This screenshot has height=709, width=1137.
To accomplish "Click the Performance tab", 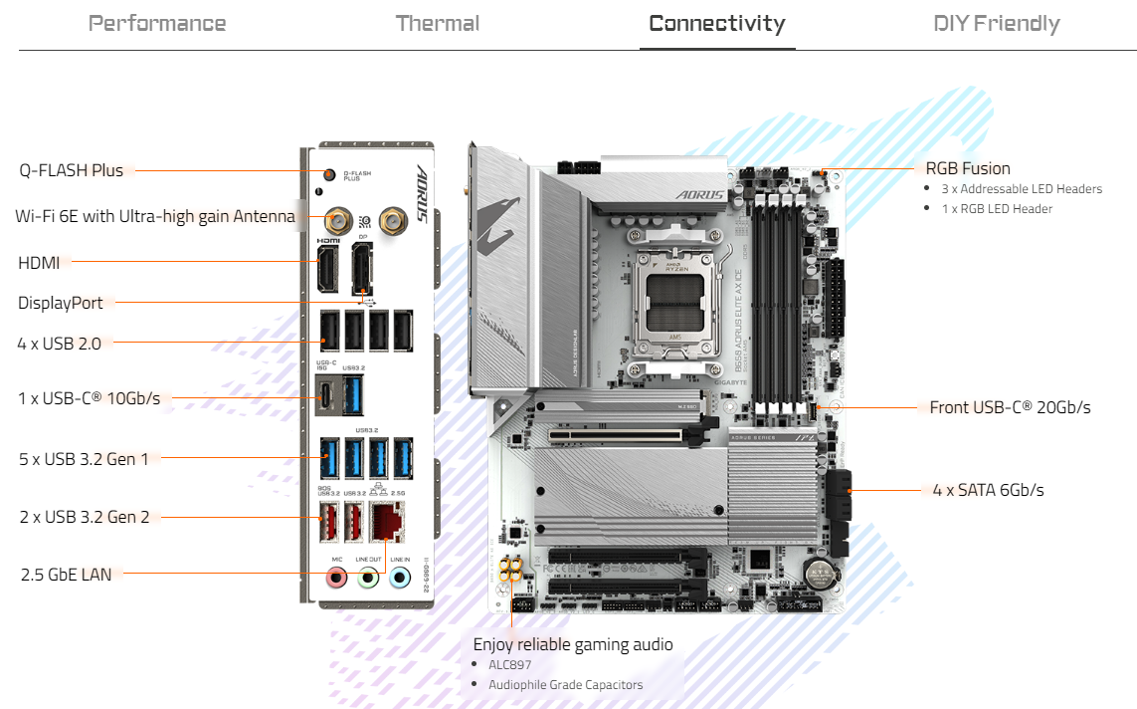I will (x=157, y=24).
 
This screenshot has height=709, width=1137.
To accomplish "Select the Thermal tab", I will (x=438, y=24).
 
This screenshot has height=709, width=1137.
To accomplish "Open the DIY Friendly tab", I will (x=996, y=24).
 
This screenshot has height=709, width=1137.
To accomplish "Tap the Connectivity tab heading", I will (x=716, y=24).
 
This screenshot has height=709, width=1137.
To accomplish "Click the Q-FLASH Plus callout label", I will (x=72, y=170).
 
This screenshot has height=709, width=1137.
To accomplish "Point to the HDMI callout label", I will (x=39, y=263).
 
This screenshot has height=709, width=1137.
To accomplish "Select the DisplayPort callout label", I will (x=61, y=303).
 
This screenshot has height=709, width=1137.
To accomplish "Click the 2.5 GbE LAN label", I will (x=67, y=574).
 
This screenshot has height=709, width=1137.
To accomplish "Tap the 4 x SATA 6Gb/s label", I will (x=987, y=490).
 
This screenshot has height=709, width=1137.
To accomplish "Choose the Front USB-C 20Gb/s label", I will (x=1010, y=407).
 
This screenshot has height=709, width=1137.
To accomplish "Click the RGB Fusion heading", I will (x=967, y=168).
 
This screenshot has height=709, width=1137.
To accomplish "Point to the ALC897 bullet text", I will (x=511, y=664).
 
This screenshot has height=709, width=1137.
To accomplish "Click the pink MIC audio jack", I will (x=337, y=577).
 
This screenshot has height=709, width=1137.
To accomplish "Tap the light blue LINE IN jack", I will (x=400, y=577).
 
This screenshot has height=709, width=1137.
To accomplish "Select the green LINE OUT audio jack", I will (x=368, y=577).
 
